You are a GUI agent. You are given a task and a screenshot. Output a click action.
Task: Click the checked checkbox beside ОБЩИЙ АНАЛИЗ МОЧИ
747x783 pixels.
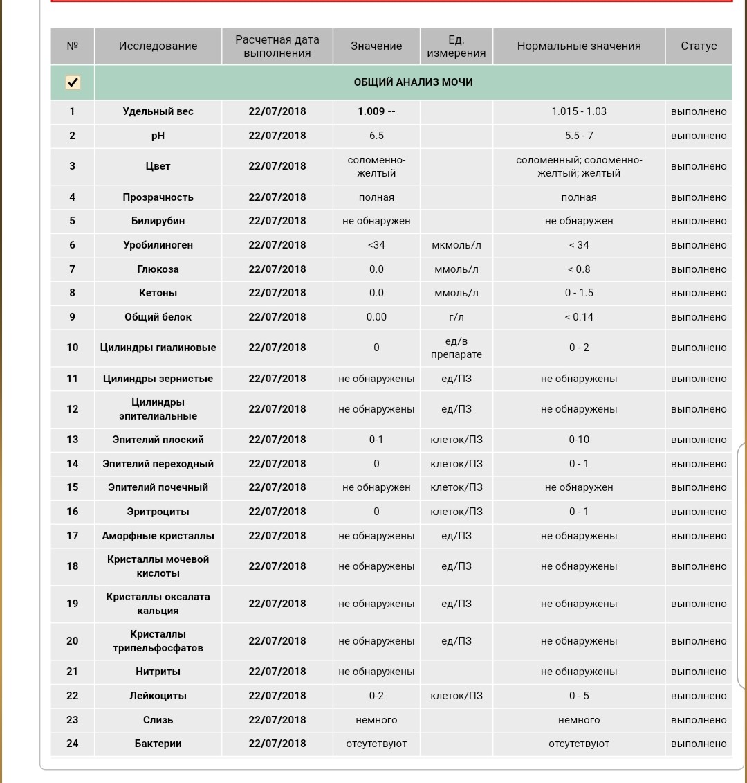pyautogui.click(x=73, y=82)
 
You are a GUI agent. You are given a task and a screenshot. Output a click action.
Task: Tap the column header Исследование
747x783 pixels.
pyautogui.click(x=158, y=46)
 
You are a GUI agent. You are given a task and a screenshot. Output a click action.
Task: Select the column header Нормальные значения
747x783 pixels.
pyautogui.click(x=579, y=46)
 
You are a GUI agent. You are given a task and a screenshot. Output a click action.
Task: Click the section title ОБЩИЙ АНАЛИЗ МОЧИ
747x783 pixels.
pyautogui.click(x=413, y=82)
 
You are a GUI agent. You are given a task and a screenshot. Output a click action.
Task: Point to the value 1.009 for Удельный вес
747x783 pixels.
pyautogui.click(x=376, y=111)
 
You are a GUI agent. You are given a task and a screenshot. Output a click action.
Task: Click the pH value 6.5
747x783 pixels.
pyautogui.click(x=376, y=136)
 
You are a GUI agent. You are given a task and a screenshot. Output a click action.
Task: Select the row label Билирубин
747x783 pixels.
pyautogui.click(x=158, y=221)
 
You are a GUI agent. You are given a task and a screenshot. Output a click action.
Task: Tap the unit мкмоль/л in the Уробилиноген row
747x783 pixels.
pyautogui.click(x=456, y=245)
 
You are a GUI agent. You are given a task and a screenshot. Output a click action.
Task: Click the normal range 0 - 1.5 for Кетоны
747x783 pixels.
pyautogui.click(x=579, y=293)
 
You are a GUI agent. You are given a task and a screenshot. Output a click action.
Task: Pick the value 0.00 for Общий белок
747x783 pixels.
pyautogui.click(x=376, y=317)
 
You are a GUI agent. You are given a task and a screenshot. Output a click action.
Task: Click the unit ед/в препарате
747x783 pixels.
pyautogui.click(x=456, y=348)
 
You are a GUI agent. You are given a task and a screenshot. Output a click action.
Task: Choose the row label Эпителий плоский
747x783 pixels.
pyautogui.click(x=158, y=440)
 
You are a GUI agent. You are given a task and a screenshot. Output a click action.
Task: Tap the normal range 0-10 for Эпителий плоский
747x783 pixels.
pyautogui.click(x=579, y=440)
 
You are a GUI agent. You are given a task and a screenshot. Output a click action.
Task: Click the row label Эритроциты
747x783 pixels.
pyautogui.click(x=158, y=512)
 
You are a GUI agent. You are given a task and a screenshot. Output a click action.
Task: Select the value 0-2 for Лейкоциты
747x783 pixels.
pyautogui.click(x=376, y=696)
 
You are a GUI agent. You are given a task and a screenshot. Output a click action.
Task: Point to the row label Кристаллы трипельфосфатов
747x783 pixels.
pyautogui.click(x=158, y=641)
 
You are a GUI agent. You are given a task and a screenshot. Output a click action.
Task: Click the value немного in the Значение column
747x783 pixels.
pyautogui.click(x=376, y=720)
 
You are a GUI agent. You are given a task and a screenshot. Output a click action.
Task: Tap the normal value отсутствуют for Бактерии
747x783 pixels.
pyautogui.click(x=579, y=744)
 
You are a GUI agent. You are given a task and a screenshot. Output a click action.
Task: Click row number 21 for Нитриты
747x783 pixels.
pyautogui.click(x=73, y=672)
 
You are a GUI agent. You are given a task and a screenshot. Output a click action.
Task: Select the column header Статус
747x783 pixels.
pyautogui.click(x=699, y=46)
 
